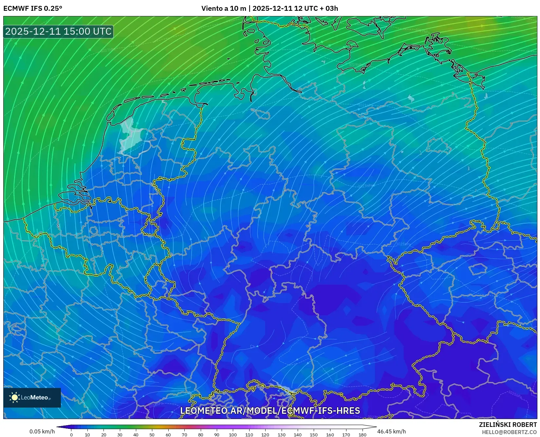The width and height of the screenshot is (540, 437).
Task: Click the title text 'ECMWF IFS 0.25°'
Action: (x=33, y=8)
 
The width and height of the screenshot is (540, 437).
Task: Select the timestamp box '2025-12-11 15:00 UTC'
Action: (x=58, y=31)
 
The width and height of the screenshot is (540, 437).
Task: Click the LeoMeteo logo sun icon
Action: (x=15, y=397)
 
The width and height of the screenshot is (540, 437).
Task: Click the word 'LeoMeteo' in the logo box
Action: (x=35, y=398)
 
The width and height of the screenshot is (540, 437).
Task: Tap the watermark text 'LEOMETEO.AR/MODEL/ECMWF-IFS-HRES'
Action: (x=270, y=411)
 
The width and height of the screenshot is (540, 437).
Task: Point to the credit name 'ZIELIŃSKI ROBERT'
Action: (x=508, y=425)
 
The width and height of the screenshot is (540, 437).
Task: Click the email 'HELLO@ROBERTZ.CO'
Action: (x=509, y=432)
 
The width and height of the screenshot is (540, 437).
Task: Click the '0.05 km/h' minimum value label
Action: (x=42, y=431)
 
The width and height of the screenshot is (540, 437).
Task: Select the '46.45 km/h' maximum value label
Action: (x=392, y=431)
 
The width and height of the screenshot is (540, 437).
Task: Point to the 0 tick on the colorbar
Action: (x=71, y=435)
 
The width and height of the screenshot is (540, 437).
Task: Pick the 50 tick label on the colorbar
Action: (x=152, y=435)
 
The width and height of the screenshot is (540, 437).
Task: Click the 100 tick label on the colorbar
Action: (x=233, y=435)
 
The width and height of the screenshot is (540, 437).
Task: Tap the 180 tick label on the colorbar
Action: (x=362, y=435)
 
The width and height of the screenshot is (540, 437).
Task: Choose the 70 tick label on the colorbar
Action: (x=184, y=435)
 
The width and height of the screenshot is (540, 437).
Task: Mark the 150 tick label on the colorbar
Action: (x=313, y=435)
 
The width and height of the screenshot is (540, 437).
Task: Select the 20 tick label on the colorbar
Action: (x=103, y=435)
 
